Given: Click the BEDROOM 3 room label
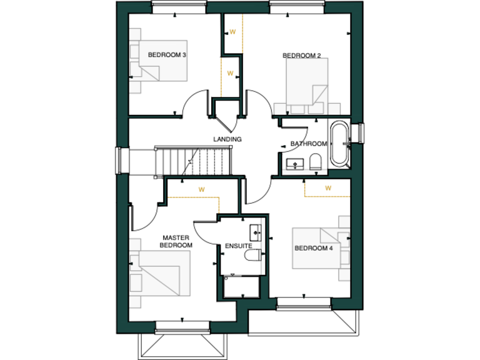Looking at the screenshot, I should [x=167, y=55].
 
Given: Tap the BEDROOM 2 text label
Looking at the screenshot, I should [x=302, y=56].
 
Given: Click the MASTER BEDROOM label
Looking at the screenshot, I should [x=176, y=241].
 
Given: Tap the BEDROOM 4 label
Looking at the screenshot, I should [x=314, y=248].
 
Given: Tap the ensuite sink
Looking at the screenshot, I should [x=255, y=233].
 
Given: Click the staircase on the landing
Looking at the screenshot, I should [x=192, y=161].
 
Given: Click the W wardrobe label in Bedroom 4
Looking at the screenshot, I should [x=328, y=187].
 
